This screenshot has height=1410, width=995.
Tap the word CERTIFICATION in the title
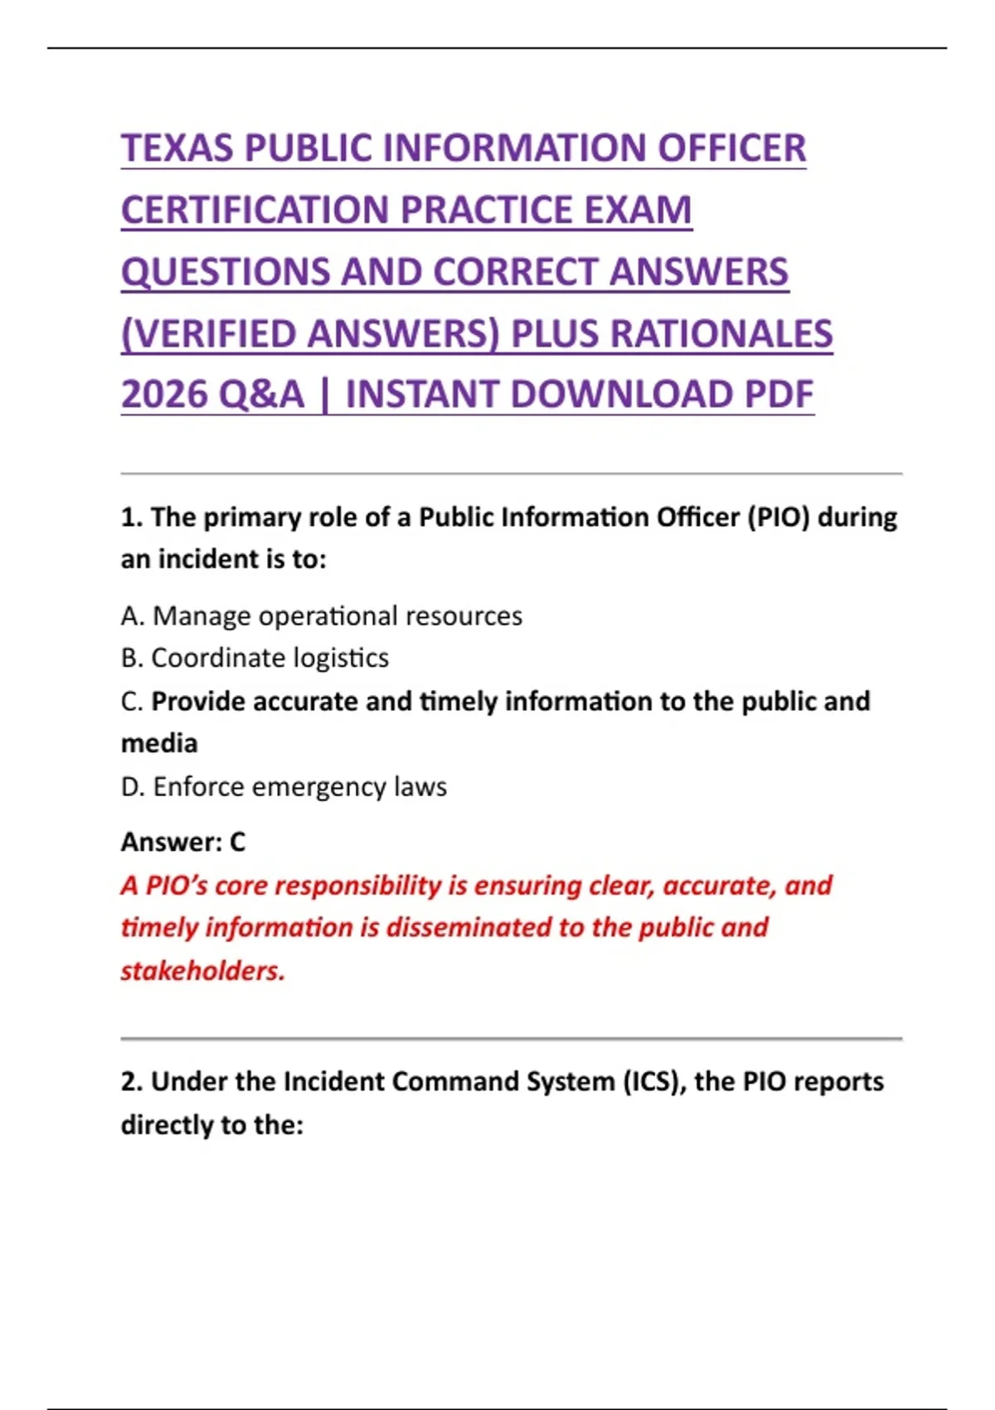(x=255, y=210)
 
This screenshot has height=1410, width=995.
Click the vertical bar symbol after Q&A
(x=324, y=395)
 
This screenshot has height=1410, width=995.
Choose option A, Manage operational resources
(x=322, y=616)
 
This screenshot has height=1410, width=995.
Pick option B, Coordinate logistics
(x=255, y=658)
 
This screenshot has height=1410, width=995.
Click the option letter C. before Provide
(x=132, y=702)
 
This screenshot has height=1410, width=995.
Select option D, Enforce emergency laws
(x=284, y=786)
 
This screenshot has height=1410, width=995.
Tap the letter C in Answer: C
(x=237, y=842)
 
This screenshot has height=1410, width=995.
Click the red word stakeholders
(x=202, y=970)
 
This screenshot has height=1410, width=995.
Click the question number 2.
(x=132, y=1082)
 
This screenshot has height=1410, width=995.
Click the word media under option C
(x=159, y=743)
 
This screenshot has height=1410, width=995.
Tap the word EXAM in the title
(x=638, y=210)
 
